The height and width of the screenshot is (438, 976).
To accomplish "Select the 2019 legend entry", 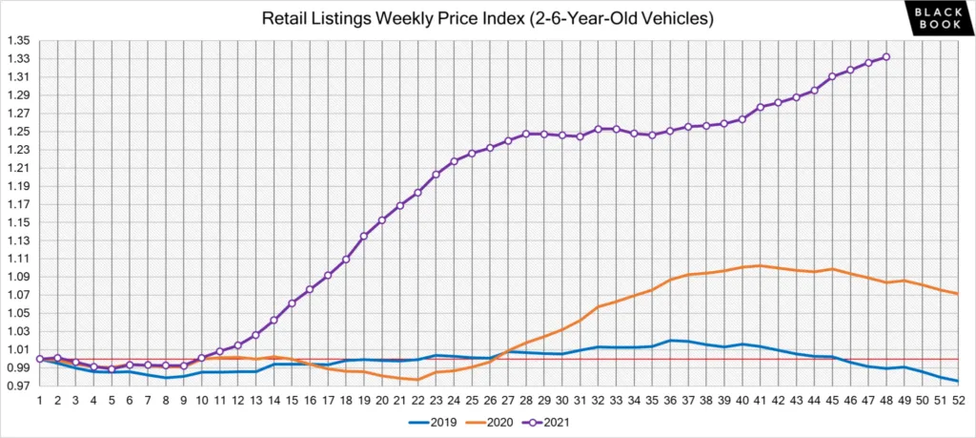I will pos(433,421).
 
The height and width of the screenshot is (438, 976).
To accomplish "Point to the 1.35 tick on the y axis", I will pos(18,41).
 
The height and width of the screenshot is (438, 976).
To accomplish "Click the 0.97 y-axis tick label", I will pos(18,386).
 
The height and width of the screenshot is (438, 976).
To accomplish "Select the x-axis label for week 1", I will pos(39,402).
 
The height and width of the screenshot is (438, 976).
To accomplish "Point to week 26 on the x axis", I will pos(489,402).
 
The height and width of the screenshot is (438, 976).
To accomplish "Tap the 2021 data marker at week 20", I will pos(381,220).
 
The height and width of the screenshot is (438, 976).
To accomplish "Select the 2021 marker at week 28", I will pos(525,135).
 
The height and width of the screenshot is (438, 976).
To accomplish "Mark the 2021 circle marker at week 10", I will pos(201,358).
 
